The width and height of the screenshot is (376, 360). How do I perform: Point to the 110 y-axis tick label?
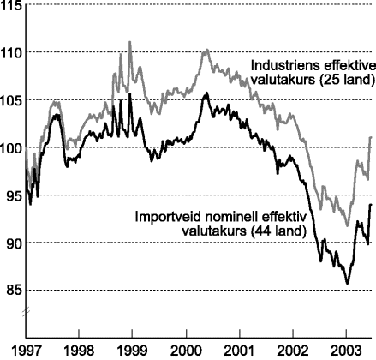[11, 53]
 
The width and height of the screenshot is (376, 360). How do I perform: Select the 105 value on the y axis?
[11, 101]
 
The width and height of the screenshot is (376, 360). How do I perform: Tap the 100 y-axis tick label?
[11, 148]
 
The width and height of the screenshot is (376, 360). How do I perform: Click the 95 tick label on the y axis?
[11, 195]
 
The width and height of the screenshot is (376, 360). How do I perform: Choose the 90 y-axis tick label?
[11, 243]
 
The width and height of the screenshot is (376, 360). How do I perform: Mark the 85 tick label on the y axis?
[11, 290]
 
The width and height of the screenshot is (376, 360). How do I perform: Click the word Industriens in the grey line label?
[280, 66]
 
